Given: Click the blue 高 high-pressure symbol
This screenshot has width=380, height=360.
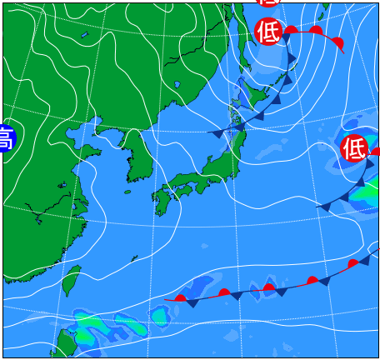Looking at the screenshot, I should click(5, 138).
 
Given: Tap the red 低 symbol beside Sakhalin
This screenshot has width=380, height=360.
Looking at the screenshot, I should click(268, 32).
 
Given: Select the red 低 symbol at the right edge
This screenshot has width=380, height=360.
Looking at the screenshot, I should click(354, 148).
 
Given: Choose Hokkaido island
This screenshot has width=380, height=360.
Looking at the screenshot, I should click(255, 92).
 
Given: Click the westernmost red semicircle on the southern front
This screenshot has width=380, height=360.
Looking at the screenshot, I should click(180, 297).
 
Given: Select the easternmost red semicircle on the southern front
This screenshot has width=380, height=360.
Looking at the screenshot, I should click(352, 263).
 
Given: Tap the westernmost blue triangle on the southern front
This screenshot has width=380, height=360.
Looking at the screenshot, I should click(192, 303).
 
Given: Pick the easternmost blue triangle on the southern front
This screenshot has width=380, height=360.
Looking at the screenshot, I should click(364, 261).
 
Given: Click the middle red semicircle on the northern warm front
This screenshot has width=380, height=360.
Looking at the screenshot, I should click(316, 31).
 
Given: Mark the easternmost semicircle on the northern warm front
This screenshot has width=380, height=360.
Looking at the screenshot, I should click(337, 42).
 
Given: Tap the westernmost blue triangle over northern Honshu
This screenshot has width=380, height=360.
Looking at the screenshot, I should click(217, 133).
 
